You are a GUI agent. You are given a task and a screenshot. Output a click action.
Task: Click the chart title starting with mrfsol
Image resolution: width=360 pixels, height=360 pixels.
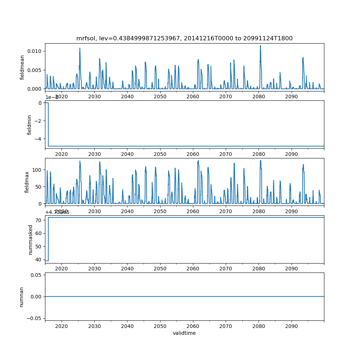pyautogui.click(x=184, y=38)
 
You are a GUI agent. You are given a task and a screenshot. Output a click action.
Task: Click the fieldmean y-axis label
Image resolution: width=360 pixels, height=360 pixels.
pyautogui.click(x=22, y=67)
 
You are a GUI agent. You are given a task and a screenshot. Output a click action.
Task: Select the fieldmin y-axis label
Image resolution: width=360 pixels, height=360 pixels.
pyautogui.click(x=30, y=125)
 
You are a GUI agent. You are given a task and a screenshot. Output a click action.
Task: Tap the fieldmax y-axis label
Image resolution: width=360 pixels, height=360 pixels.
pyautogui.click(x=27, y=182)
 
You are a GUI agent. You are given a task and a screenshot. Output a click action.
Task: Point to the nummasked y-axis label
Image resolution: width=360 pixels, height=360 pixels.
pyautogui.click(x=31, y=240)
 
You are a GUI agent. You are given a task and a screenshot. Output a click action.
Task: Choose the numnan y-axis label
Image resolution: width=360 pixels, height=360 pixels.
pyautogui.click(x=22, y=297)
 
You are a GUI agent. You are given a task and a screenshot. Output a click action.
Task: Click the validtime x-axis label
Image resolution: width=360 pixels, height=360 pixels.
pyautogui.click(x=184, y=333)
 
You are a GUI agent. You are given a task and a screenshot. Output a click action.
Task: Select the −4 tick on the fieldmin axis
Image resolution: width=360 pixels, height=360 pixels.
pyautogui.click(x=38, y=139)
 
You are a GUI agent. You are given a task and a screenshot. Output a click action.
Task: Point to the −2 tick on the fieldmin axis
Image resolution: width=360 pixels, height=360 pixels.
pyautogui.click(x=38, y=121)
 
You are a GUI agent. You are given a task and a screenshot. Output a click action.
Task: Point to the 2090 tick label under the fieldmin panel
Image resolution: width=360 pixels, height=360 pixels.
pyautogui.click(x=291, y=154)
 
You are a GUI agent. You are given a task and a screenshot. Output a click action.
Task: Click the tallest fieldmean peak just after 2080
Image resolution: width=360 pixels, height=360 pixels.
pyautogui.click(x=260, y=46)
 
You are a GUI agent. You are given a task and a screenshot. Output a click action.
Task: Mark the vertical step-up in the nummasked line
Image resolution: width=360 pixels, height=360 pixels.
pyautogui.click(x=48, y=239)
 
